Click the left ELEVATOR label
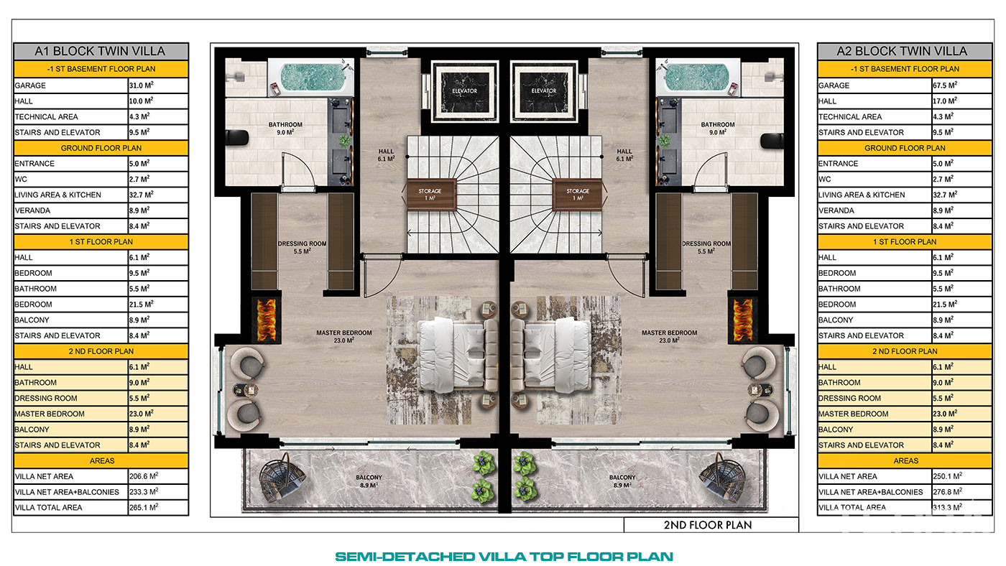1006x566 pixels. pyautogui.click(x=464, y=91)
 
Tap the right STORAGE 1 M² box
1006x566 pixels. pyautogui.click(x=577, y=195)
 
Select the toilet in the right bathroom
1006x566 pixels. pyautogui.click(x=772, y=140)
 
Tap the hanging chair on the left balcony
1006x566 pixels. pyautogui.click(x=282, y=478)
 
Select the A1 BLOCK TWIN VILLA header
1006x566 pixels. pyautogui.click(x=101, y=51)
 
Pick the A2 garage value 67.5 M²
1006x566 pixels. pyautogui.click(x=945, y=85)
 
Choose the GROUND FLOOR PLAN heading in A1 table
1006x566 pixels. pyautogui.click(x=101, y=148)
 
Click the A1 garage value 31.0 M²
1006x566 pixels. pyautogui.click(x=142, y=85)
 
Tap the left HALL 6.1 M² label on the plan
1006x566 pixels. pyautogui.click(x=386, y=155)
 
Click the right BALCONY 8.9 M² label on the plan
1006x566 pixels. pyautogui.click(x=622, y=481)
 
